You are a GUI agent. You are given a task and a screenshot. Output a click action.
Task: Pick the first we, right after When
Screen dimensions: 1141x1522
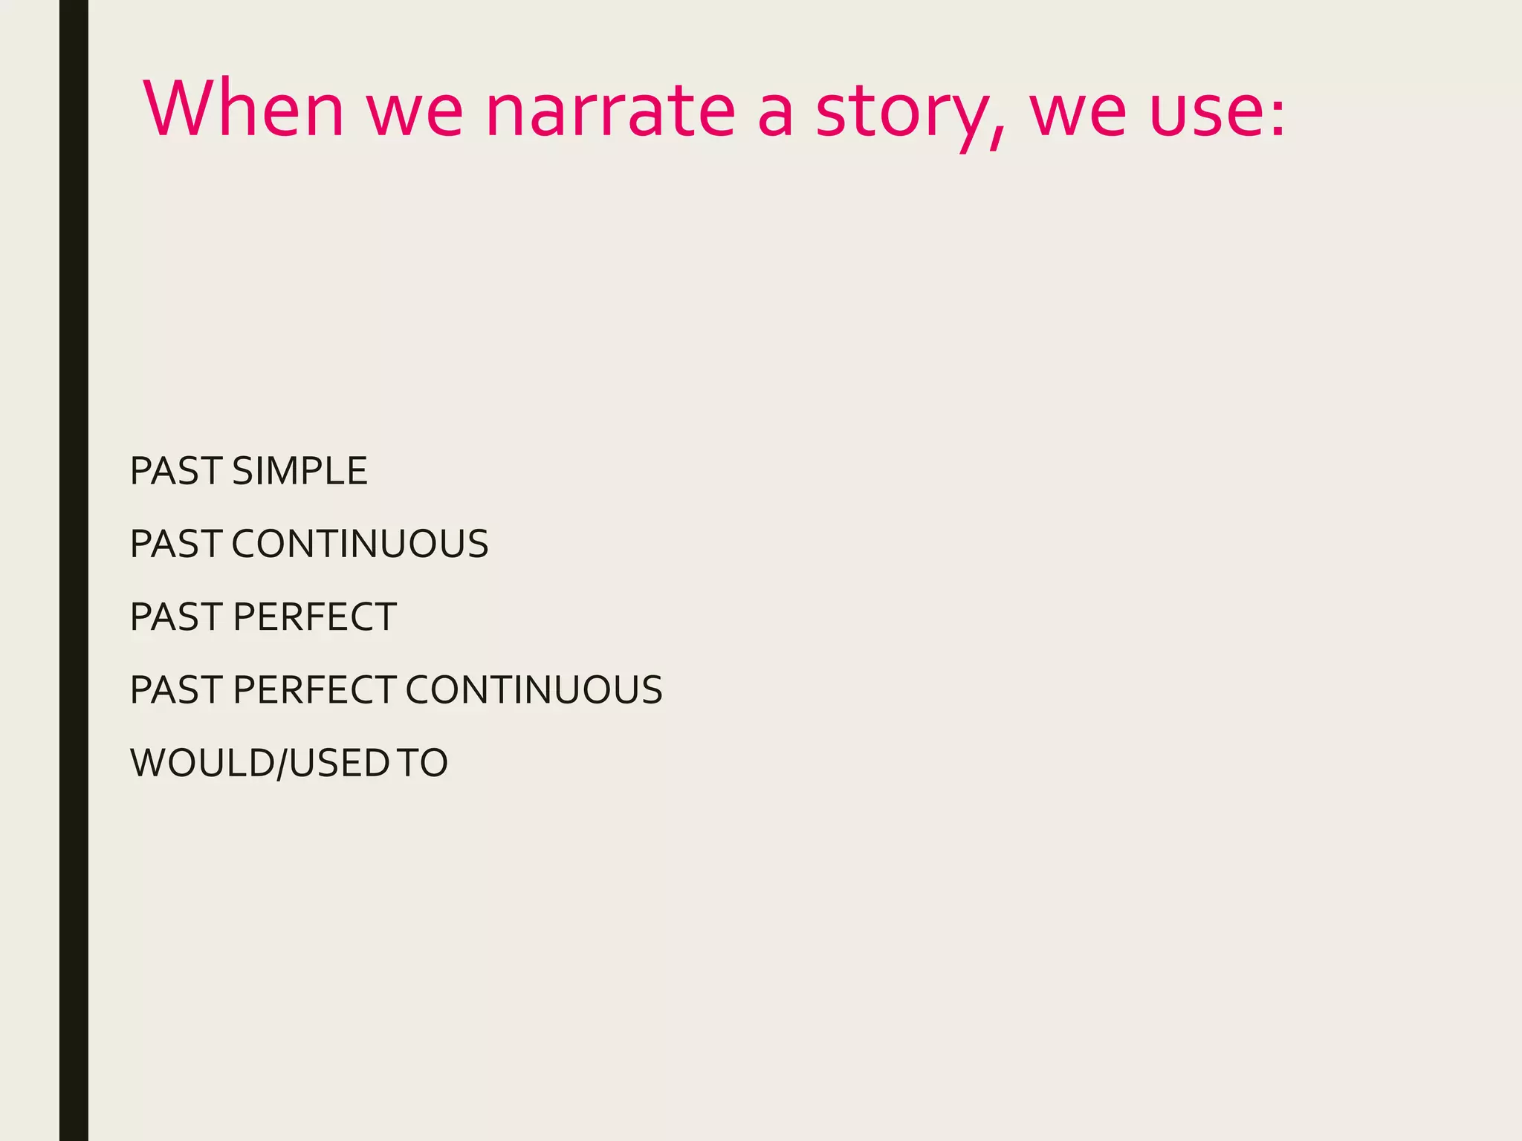tap(415, 113)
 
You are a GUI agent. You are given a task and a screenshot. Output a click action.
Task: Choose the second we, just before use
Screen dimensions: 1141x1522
tap(1078, 113)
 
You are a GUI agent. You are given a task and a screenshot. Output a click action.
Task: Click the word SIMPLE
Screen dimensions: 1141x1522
tap(299, 471)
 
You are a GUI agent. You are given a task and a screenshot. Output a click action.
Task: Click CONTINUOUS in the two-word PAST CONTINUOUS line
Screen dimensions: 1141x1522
tap(360, 544)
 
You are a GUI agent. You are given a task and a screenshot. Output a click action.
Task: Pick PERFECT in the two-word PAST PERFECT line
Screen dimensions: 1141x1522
tap(314, 617)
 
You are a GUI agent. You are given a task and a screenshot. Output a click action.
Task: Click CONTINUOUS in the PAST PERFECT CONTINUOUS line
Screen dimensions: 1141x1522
tap(534, 689)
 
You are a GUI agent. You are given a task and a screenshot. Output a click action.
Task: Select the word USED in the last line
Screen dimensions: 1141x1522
tap(339, 763)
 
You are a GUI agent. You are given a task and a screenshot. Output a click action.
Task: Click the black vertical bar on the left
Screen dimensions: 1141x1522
tap(74, 570)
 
